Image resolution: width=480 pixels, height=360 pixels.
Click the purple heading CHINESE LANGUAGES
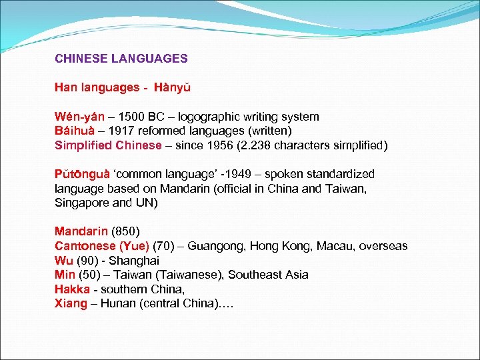[121, 59]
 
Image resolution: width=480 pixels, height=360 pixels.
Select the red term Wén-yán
[77, 117]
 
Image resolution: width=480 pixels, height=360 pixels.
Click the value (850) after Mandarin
[125, 232]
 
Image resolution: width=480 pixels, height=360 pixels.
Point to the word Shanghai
[135, 261]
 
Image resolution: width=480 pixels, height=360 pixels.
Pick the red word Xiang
[71, 304]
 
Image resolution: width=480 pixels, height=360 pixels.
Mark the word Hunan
[117, 304]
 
